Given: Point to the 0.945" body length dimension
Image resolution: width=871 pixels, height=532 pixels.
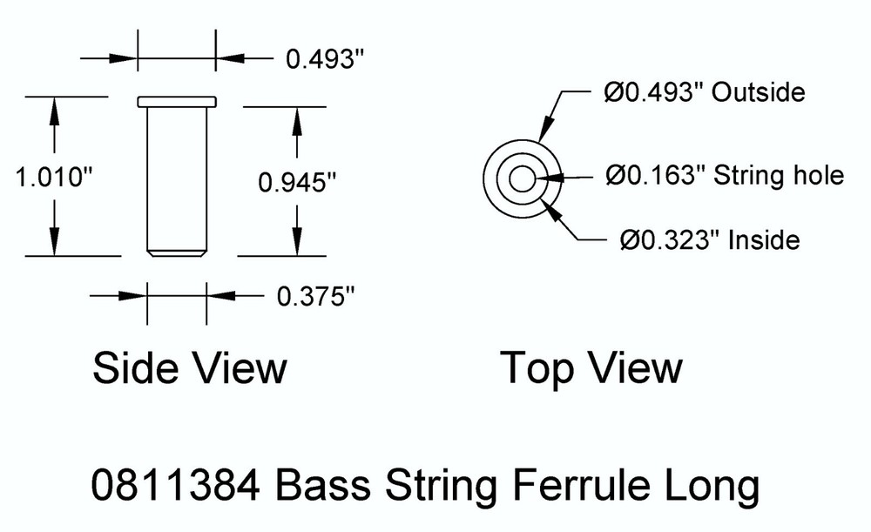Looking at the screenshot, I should [297, 182].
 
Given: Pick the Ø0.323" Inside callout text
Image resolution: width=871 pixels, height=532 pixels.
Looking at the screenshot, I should [711, 239].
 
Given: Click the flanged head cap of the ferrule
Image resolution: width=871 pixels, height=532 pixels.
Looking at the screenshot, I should [177, 101].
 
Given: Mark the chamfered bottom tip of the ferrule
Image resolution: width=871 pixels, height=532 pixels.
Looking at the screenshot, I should [177, 253].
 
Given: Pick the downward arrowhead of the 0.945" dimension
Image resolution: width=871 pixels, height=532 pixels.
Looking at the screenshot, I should [298, 243].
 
